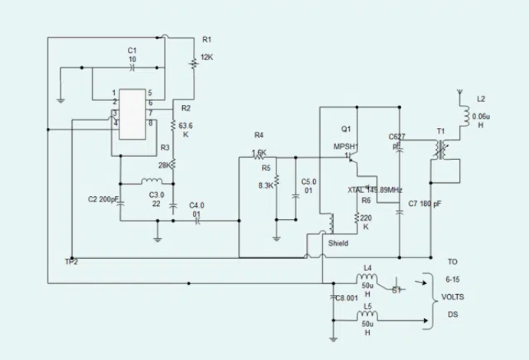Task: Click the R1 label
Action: [207, 39]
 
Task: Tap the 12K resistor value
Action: [207, 57]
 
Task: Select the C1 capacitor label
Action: [132, 50]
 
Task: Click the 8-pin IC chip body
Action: [132, 110]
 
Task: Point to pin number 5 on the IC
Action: [150, 93]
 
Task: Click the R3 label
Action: [165, 147]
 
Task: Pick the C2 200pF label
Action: [105, 199]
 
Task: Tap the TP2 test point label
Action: [71, 262]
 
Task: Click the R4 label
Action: [258, 136]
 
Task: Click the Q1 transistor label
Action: [346, 128]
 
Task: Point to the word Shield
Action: [338, 243]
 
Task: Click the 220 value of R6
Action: [366, 218]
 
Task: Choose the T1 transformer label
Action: [440, 131]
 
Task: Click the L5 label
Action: [367, 306]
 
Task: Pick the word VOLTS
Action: [453, 296]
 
